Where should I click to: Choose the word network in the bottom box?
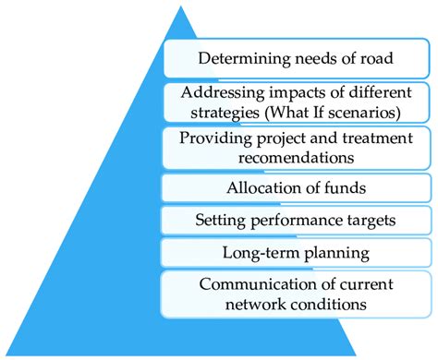point(261,302)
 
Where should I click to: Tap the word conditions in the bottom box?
point(331,302)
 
